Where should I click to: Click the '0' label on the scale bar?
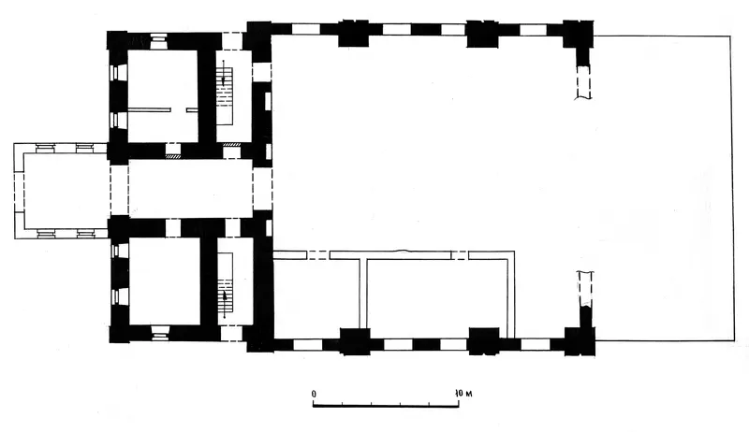click(x=314, y=394)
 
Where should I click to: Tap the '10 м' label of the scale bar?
click(x=463, y=394)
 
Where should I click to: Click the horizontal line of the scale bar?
click(x=386, y=406)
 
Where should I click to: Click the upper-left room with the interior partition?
click(x=162, y=95)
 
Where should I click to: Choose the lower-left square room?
click(x=165, y=281)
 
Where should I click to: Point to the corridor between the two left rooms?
click(x=191, y=188)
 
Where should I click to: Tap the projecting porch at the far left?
click(x=61, y=191)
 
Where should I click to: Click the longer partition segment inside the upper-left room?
click(x=149, y=110)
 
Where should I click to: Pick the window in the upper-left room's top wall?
click(x=159, y=41)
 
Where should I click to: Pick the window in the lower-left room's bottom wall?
click(x=160, y=333)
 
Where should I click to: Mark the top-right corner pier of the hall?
click(x=578, y=34)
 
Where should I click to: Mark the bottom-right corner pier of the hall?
click(x=580, y=341)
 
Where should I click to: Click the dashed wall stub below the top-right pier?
click(x=582, y=82)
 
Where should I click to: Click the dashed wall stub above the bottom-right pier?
click(x=585, y=289)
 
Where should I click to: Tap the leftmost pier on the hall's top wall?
click(x=354, y=34)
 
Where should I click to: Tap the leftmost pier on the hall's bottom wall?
click(x=355, y=341)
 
